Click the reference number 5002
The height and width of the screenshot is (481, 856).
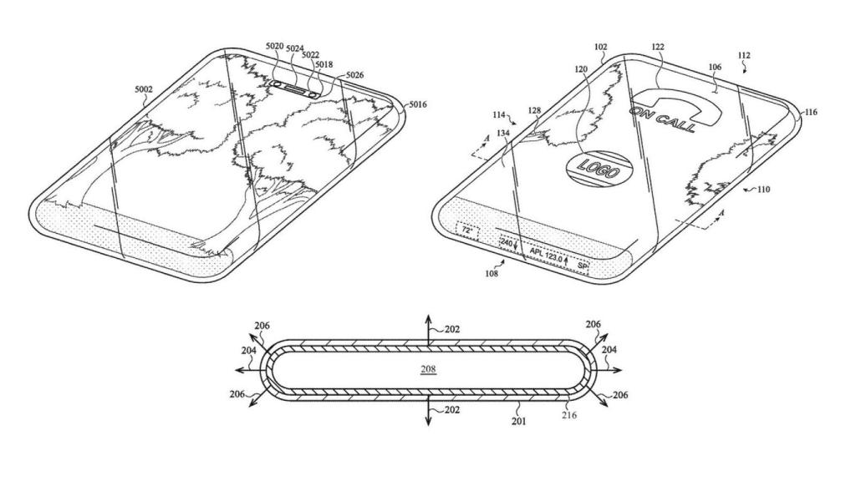pyautogui.click(x=145, y=88)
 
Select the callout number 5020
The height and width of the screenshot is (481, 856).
pyautogui.click(x=273, y=49)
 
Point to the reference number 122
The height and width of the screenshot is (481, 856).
pyautogui.click(x=658, y=48)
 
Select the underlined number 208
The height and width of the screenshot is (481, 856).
pyautogui.click(x=427, y=368)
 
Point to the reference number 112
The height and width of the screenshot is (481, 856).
pyautogui.click(x=743, y=56)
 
